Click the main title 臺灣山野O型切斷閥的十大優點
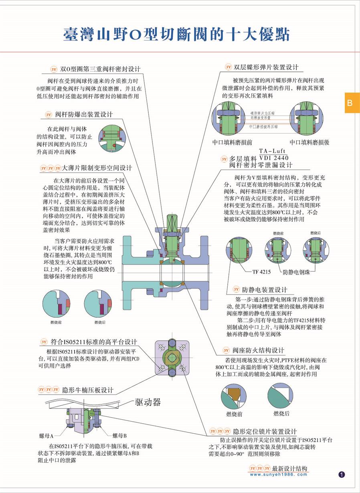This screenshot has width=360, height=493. (x=176, y=34)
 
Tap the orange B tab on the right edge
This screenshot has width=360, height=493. (x=350, y=103)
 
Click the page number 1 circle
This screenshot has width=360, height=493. (x=342, y=475)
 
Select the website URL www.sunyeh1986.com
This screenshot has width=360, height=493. (x=278, y=475)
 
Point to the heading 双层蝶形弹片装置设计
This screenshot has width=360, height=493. (x=266, y=67)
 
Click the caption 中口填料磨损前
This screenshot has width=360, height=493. (x=232, y=142)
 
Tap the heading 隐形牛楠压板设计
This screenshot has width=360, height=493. (x=88, y=390)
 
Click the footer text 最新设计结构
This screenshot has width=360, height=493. (x=290, y=468)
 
